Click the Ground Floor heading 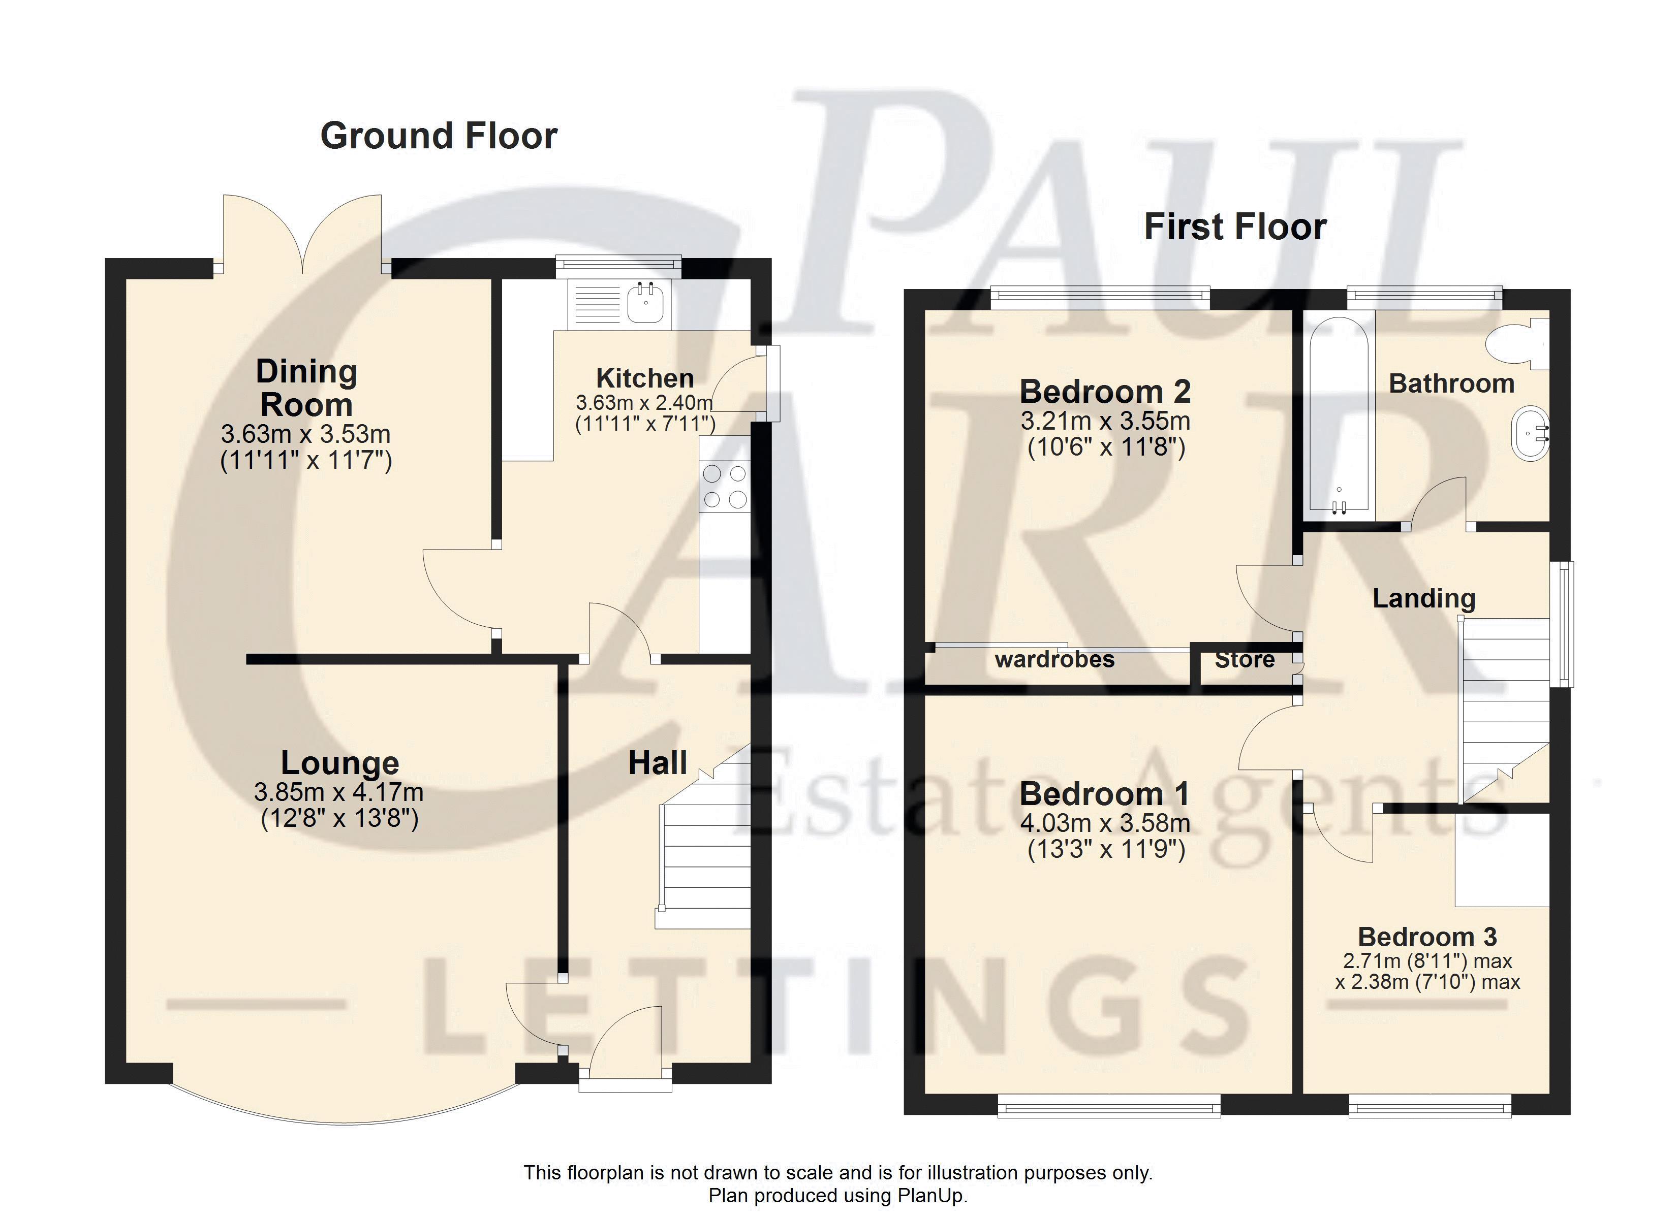click(x=439, y=137)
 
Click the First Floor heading click(x=1235, y=227)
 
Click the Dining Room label click(x=306, y=388)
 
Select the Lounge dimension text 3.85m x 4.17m click(x=338, y=792)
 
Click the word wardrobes click(x=1054, y=659)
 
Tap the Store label click(x=1245, y=659)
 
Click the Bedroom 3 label click(x=1427, y=937)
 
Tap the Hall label click(x=658, y=763)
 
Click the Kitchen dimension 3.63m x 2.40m click(x=644, y=403)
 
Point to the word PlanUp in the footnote click(x=930, y=1195)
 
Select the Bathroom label click(x=1451, y=383)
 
